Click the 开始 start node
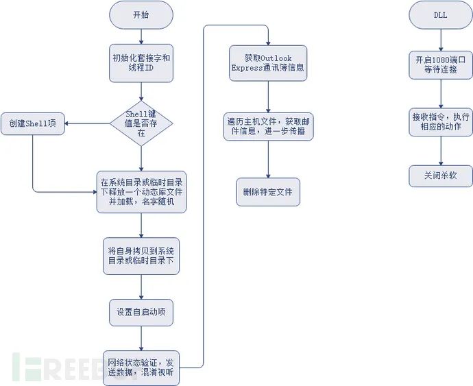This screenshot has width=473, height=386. pos(141,15)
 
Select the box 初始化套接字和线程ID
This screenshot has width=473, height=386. pos(141,62)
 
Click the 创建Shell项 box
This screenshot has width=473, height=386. pos(33,124)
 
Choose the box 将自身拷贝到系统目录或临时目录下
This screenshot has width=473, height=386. pos(141,256)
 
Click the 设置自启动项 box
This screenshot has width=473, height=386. pos(141,312)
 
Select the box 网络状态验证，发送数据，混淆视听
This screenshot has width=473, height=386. pos(141,367)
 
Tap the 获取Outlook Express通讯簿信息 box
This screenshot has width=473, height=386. pos(268,63)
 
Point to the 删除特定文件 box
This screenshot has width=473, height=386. pos(268,191)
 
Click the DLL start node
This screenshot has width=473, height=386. pos(440,15)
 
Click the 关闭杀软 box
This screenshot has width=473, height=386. pos(440,176)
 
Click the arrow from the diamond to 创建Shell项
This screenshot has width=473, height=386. pos(88,124)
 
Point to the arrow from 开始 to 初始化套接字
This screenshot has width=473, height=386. pos(141,36)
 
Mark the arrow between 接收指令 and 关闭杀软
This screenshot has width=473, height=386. pos(440,149)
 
